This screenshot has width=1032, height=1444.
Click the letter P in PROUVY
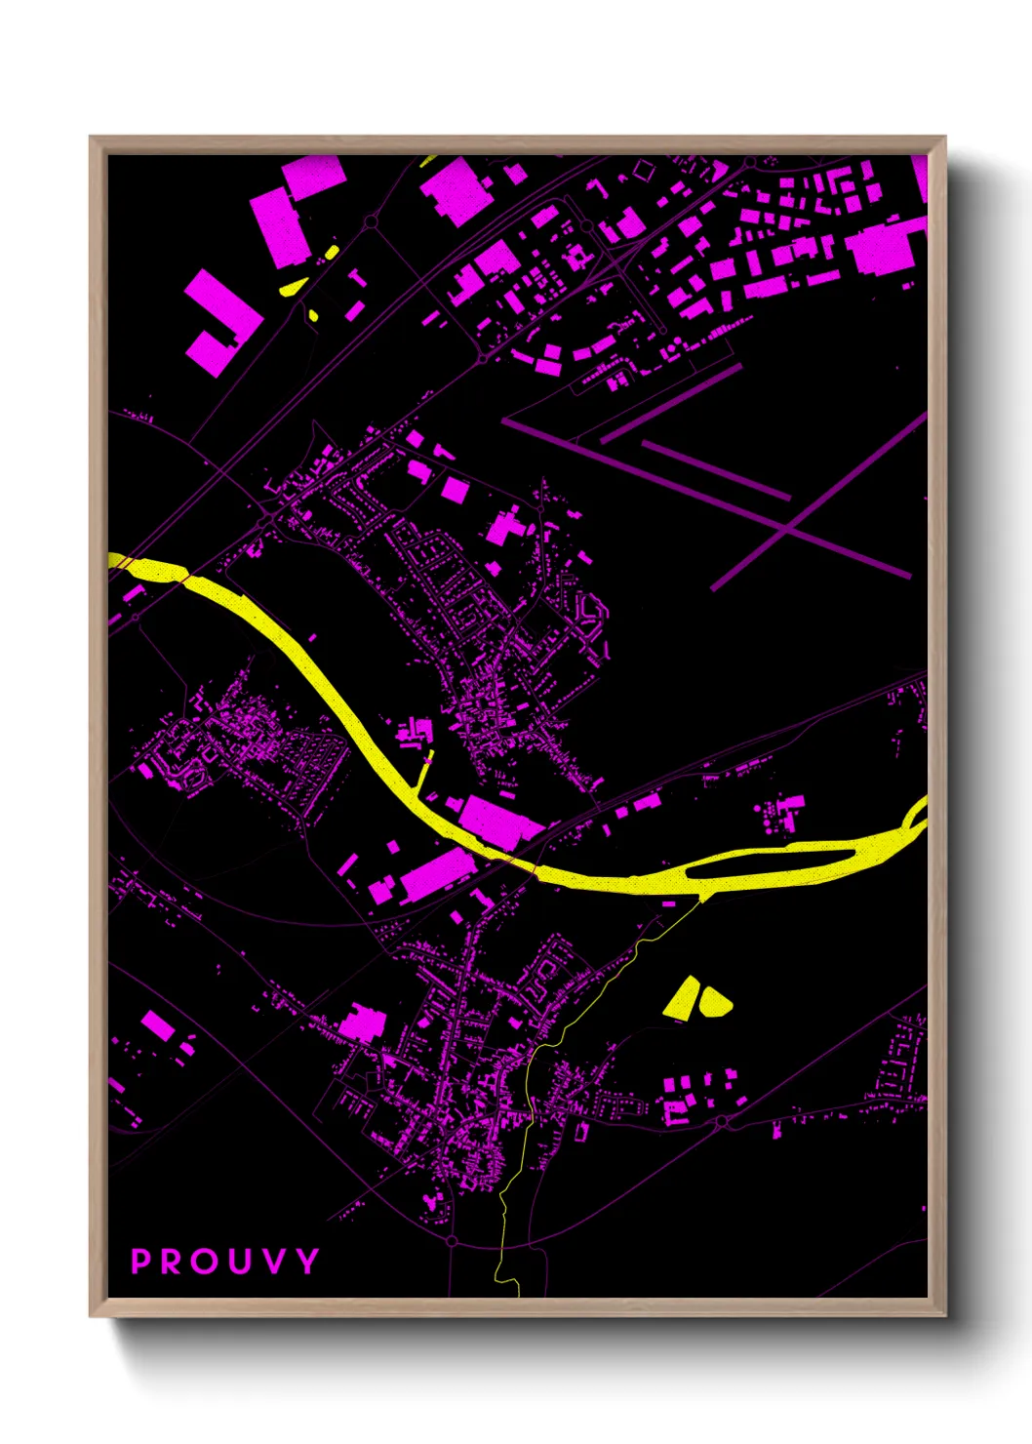(141, 1262)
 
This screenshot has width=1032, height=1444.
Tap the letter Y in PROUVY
(308, 1262)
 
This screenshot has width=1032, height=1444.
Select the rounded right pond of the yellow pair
(714, 1001)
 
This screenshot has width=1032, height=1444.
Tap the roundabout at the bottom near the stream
(453, 1241)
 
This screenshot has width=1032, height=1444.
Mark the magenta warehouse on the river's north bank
(499, 821)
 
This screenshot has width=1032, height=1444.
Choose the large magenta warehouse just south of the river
(436, 872)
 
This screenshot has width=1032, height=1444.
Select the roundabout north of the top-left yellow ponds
(371, 223)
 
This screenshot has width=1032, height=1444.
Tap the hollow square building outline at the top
(644, 171)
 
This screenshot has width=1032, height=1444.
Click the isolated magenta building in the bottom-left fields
(157, 1024)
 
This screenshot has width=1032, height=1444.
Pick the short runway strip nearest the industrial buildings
(670, 403)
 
